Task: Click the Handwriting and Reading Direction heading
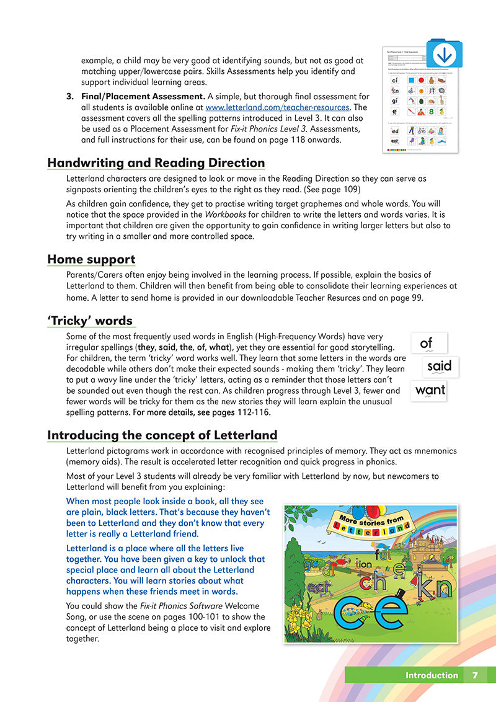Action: point(156,163)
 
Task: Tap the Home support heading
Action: point(91,259)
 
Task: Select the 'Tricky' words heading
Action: point(90,321)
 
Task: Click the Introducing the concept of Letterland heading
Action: point(162,435)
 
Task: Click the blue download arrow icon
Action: point(445,54)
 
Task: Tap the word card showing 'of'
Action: point(427,343)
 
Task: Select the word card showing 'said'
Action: point(440,367)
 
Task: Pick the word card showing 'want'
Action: point(430,391)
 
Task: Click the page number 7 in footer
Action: point(475,675)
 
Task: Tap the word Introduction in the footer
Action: point(432,675)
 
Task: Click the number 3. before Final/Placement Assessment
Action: point(70,96)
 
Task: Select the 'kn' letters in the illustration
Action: point(433,585)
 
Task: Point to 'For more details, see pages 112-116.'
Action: point(201,412)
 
